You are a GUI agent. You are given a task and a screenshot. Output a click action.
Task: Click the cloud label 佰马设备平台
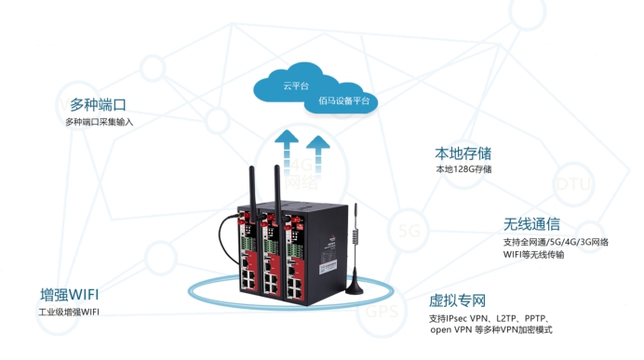point(343,100)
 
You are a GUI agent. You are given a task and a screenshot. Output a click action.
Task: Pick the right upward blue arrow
point(319,150)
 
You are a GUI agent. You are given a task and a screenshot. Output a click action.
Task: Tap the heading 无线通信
point(531,224)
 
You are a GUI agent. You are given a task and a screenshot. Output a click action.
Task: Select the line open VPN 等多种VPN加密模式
point(492,331)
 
